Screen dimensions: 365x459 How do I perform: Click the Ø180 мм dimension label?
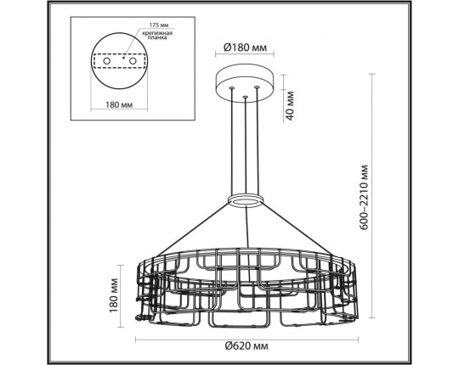(x=245, y=48)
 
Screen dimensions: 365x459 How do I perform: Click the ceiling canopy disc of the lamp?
(x=245, y=81)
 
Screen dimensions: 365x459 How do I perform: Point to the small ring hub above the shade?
(x=245, y=200)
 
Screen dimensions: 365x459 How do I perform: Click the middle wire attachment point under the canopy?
(x=245, y=98)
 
